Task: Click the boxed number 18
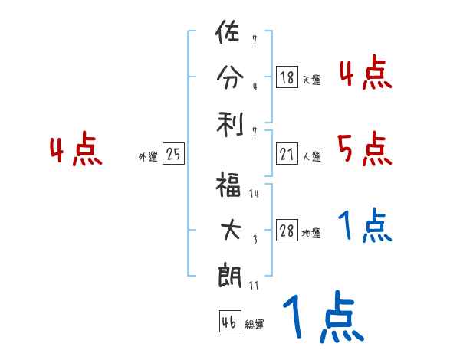pos(287,77)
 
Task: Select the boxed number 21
pos(287,155)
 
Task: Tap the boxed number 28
pos(287,231)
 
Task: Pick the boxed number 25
pos(173,155)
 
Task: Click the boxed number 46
pos(229,322)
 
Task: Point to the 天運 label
pos(311,80)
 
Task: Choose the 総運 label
pos(255,325)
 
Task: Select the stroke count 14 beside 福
pos(254,194)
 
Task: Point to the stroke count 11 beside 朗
pos(254,285)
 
